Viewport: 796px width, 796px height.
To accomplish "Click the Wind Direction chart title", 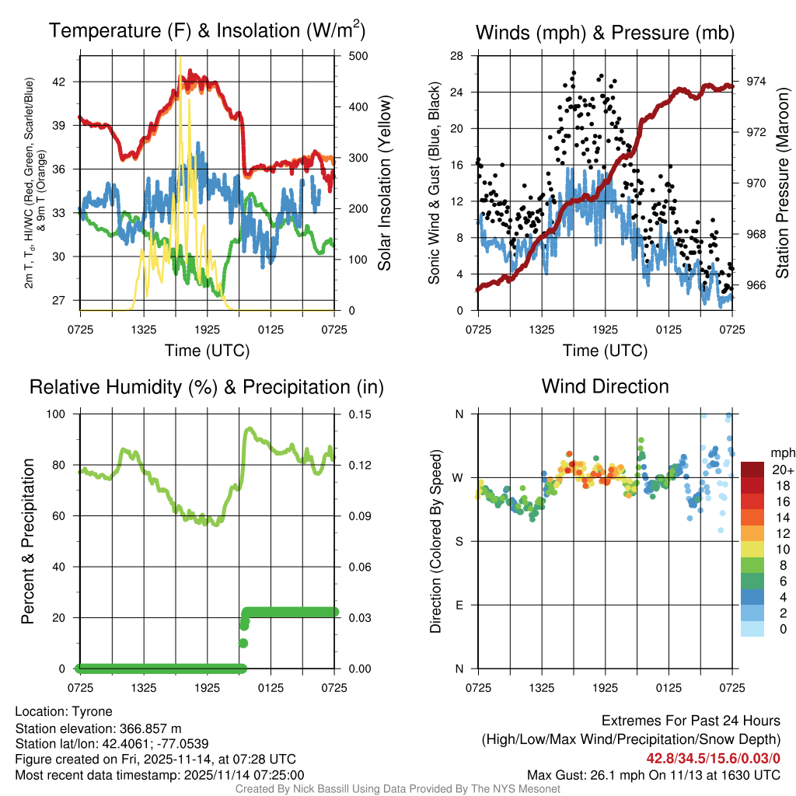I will click(605, 386).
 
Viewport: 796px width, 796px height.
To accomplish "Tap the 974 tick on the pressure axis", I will click(756, 81).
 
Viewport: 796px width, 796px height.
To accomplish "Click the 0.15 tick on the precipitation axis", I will click(352, 414).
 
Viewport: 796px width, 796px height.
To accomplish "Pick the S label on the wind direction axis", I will click(459, 541).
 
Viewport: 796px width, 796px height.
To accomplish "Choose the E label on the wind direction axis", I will click(459, 605).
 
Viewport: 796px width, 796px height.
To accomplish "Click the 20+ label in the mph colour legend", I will click(782, 470).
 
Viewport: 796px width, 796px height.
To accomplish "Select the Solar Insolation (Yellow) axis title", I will click(384, 183).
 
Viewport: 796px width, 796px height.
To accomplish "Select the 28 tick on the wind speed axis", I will click(457, 56).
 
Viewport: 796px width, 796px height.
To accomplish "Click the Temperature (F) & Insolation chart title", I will click(207, 32).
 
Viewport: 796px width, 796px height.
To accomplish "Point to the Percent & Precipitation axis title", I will click(28, 541).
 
